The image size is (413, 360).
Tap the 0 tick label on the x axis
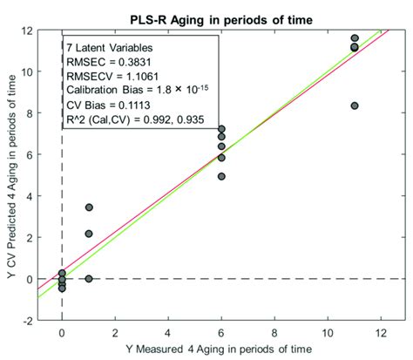coord(62,332)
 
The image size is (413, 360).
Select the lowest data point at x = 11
coord(355,105)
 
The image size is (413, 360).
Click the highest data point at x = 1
coord(89,207)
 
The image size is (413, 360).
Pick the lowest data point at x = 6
coord(221,176)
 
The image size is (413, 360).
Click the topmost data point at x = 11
coord(355,38)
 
